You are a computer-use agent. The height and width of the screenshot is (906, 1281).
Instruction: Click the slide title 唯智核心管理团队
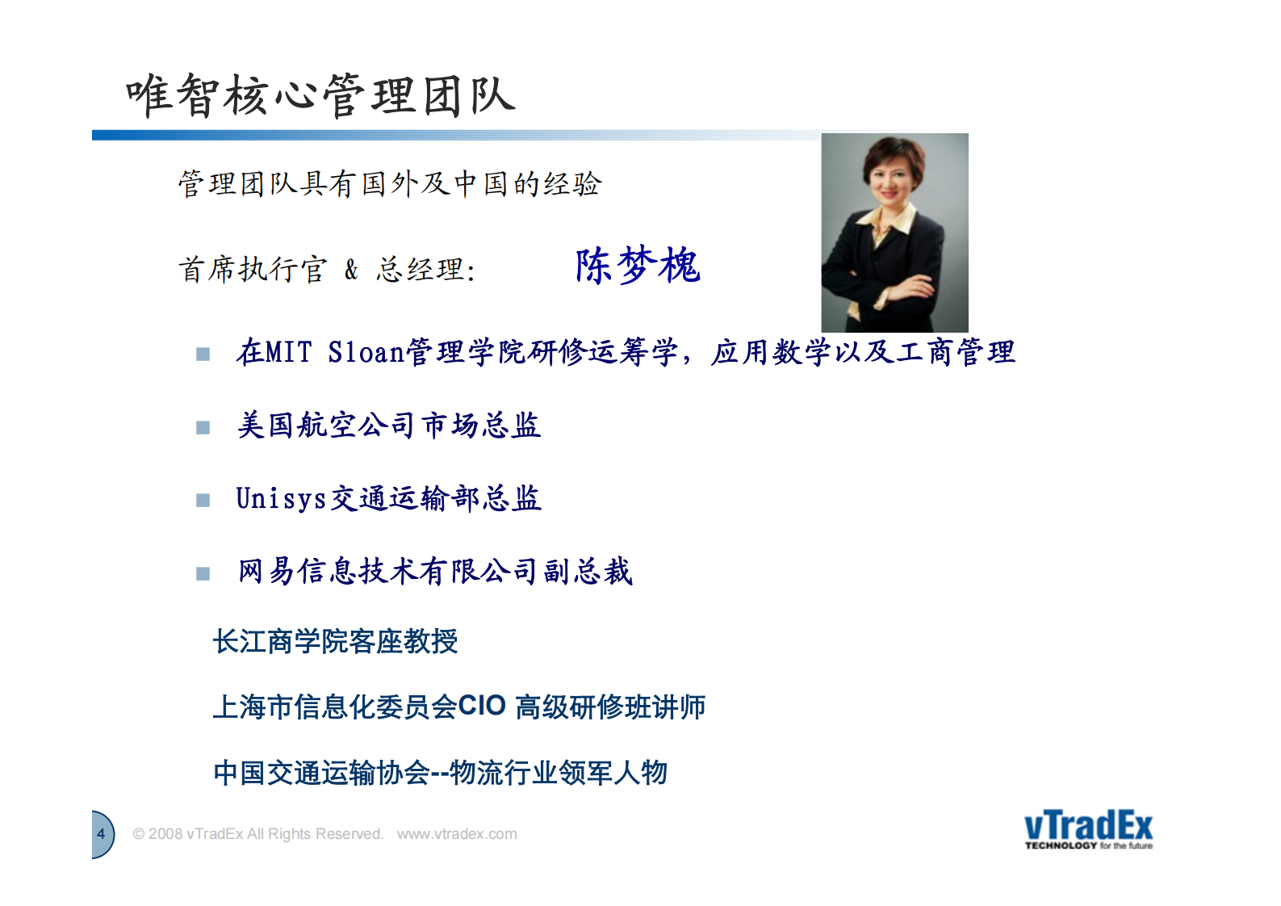[x=320, y=95]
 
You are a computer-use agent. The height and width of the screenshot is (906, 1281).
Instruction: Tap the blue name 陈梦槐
[x=637, y=266]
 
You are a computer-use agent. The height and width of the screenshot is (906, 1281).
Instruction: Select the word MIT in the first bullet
[x=288, y=353]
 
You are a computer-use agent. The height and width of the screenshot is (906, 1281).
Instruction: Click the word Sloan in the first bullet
[x=366, y=353]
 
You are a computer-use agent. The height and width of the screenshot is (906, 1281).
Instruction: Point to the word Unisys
[x=281, y=499]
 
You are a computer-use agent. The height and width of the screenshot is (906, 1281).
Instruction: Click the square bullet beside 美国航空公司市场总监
[x=203, y=427]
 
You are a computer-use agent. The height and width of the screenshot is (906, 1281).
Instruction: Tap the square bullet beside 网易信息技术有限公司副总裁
[x=203, y=573]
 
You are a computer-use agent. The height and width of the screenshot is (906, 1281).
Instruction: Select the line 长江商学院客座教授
[x=335, y=642]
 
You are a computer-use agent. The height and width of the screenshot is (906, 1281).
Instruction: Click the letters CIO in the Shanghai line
[x=482, y=706]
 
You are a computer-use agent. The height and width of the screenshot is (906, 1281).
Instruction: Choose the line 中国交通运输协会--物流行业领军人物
[x=440, y=773]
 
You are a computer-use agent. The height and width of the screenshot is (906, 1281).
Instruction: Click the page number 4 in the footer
[x=101, y=834]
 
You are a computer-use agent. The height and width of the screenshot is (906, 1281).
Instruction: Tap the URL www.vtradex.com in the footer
[x=457, y=834]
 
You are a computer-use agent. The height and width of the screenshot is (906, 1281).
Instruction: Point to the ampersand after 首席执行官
[x=351, y=269]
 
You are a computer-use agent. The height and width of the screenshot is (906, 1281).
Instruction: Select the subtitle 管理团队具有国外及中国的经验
[x=390, y=184]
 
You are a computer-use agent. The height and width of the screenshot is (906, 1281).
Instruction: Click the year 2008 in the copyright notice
[x=165, y=834]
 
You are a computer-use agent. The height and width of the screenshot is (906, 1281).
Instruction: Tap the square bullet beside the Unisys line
[x=203, y=501]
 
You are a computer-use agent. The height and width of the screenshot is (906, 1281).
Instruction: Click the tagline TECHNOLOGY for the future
[x=1088, y=846]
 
